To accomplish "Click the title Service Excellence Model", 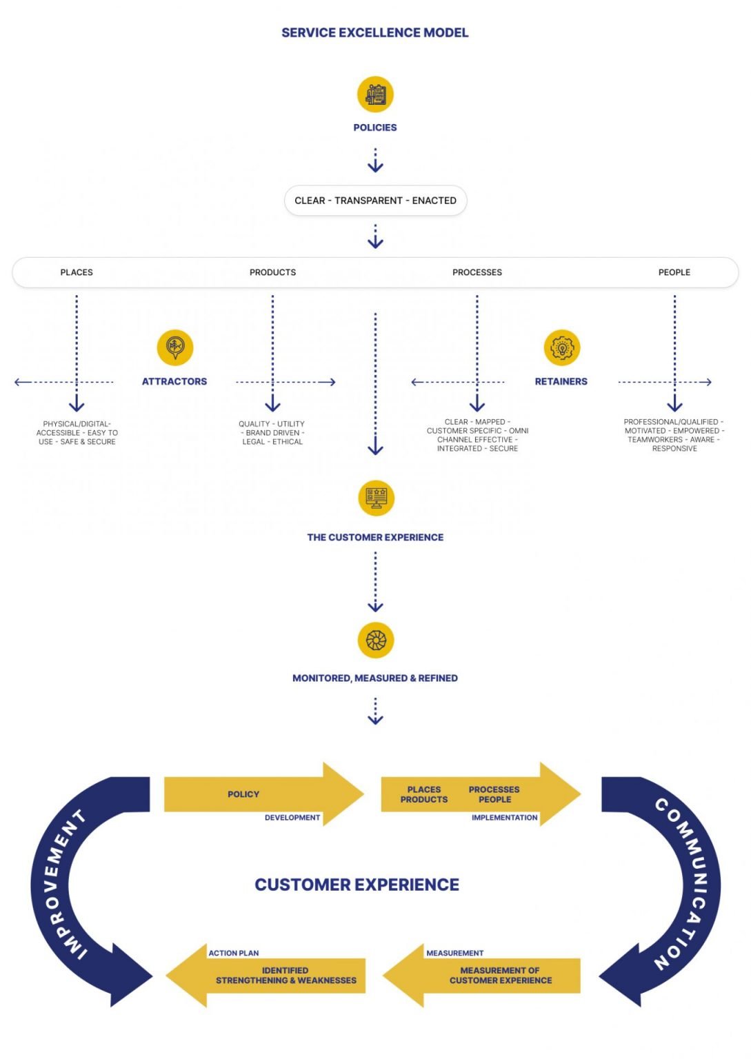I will coord(374,32).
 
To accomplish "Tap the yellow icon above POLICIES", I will coord(375,94).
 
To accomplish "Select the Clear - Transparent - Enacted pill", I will coord(375,201).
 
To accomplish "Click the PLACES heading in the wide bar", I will coord(77,272).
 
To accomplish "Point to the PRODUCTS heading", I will coord(272,272).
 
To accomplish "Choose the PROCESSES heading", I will coord(477,272).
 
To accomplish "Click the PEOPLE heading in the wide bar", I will coord(674,272).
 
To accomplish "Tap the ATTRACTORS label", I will coord(174,381).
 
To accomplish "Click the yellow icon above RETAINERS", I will coord(561,347).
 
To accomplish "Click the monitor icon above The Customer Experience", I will coord(376,498).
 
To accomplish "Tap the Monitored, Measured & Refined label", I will coord(374,678).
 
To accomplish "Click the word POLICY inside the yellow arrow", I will coord(243,794).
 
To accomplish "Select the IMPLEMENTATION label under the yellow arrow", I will coord(504,818).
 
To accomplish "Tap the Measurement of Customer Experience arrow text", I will coord(500,975).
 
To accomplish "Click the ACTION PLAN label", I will coord(234,953).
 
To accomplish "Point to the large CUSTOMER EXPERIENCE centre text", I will coord(357,885).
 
